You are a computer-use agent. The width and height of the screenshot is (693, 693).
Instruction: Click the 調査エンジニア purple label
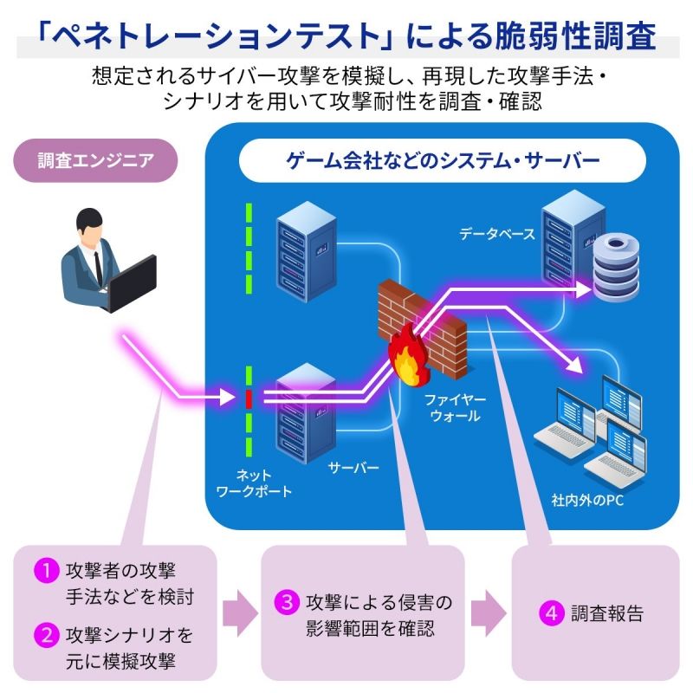point(95,160)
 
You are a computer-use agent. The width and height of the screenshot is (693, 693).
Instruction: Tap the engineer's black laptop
point(133,284)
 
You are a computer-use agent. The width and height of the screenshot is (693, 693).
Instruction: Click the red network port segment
point(249,398)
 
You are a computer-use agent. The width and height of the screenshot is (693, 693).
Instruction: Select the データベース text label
point(496,234)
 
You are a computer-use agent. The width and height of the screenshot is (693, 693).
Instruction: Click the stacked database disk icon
point(616,268)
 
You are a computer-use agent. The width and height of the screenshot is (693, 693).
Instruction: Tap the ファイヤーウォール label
point(455,407)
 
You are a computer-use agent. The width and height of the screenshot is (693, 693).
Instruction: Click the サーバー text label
point(353,468)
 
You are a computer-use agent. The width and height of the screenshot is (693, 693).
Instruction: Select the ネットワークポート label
point(254,483)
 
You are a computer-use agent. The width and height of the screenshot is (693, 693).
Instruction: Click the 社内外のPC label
point(587,501)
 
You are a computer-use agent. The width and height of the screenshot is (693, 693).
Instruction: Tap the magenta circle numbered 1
point(47,570)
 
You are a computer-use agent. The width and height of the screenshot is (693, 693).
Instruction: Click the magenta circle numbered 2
point(47,635)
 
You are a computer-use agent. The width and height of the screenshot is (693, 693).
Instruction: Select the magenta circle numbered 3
point(287,602)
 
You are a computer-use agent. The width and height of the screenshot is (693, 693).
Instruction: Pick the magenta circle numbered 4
point(552,613)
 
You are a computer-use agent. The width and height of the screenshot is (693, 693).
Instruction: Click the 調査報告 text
point(607,613)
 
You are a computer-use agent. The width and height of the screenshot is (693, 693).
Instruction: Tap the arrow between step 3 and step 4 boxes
point(489,613)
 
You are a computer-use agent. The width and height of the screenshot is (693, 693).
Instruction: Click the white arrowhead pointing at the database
point(583,290)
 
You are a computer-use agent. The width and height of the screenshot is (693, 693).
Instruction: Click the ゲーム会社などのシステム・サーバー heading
point(443,160)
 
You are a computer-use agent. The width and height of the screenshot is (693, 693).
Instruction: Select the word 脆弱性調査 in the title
point(575,36)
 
